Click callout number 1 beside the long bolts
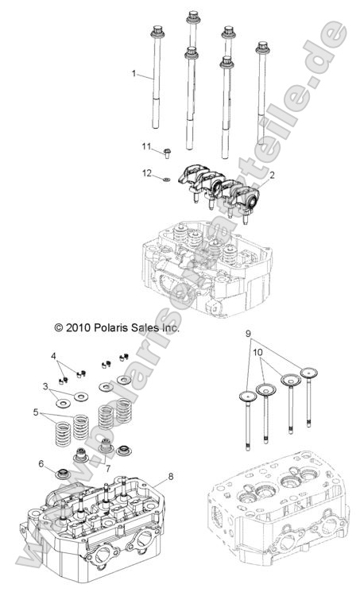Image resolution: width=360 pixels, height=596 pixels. coord(134,73)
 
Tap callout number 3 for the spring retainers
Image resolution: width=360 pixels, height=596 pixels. coord(47,385)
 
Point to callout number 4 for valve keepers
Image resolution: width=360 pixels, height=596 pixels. coord(54,355)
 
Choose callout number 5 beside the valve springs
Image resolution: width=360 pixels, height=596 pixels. coord(37,412)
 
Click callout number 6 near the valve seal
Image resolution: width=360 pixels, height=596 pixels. coord(41,463)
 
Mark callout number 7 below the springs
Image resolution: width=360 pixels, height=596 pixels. coord(107,468)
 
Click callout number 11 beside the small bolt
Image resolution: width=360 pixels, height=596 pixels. coord(146,146)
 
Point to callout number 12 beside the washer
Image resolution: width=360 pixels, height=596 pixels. coord(146,172)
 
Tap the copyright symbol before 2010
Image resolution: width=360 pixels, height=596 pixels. coord(36,327)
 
